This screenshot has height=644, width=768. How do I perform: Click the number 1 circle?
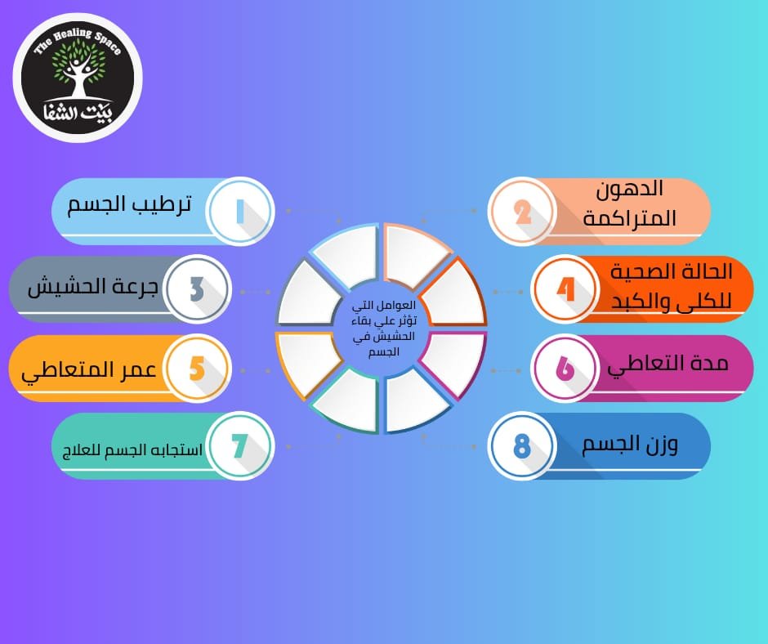(x=240, y=212)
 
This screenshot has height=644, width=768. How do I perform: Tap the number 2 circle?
(x=522, y=212)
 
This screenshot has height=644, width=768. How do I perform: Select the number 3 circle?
(x=197, y=289)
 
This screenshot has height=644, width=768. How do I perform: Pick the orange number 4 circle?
(x=565, y=289)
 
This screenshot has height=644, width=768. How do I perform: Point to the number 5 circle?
(x=197, y=369)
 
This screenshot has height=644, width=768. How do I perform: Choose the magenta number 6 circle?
(x=565, y=369)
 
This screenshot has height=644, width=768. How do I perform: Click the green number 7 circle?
(x=240, y=446)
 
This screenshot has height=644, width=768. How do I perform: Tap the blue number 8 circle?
(x=522, y=446)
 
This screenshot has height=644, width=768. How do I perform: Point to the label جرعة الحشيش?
(x=93, y=288)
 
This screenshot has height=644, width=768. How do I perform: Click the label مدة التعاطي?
(x=668, y=364)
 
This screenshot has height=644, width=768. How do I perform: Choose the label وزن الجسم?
(x=630, y=445)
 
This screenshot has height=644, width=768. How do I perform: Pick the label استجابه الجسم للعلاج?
(x=127, y=449)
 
